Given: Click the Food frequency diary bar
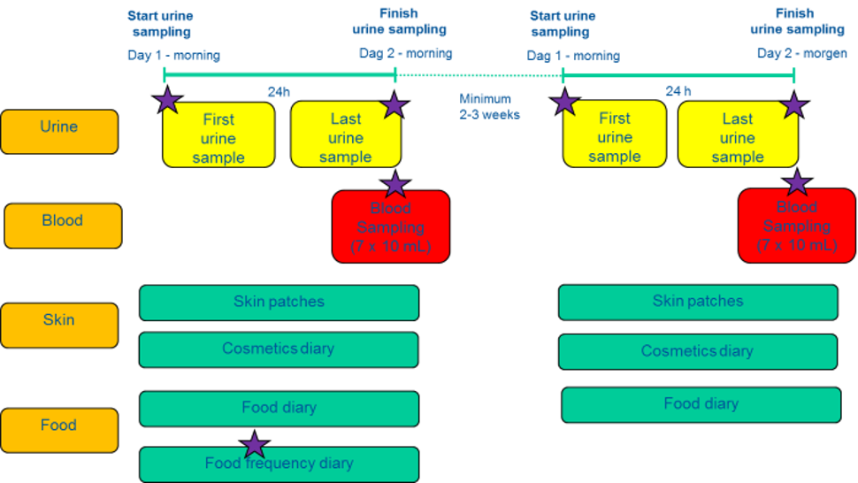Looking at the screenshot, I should [279, 464].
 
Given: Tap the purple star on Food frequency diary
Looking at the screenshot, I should [255, 445].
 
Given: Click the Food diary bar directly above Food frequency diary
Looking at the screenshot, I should [279, 409].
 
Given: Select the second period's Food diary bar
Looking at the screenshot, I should [701, 405].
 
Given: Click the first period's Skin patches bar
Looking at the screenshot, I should [279, 303].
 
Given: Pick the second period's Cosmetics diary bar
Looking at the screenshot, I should [697, 351].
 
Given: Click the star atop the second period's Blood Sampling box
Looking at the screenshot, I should [797, 183].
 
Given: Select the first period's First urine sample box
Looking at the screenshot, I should [218, 137].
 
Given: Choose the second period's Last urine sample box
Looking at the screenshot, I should [737, 137].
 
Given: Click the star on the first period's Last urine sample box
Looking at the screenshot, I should [394, 106].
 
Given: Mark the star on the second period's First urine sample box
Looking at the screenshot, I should [564, 102].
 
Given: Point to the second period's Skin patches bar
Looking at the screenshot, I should [697, 302].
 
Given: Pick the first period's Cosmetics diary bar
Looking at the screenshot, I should [279, 349].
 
